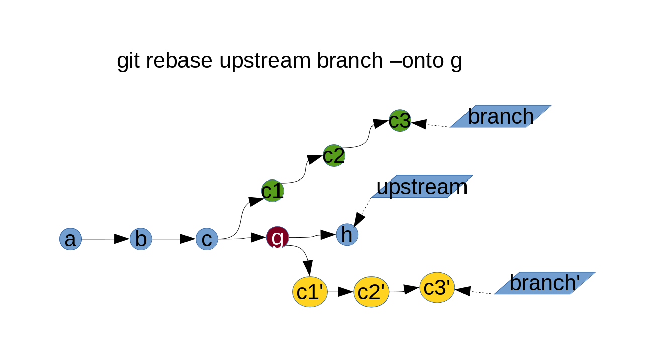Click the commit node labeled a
[x=70, y=239]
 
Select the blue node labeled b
[x=141, y=239]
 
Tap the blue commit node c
[x=207, y=239]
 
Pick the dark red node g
[x=277, y=237]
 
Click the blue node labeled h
[x=347, y=235]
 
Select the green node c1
[x=272, y=191]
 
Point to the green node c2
[x=334, y=156]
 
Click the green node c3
[x=400, y=121]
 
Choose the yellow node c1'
[x=310, y=292]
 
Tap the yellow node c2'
[x=371, y=292]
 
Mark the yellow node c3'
[x=437, y=288]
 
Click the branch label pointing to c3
[x=501, y=116]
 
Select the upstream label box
[x=422, y=187]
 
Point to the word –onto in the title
[x=414, y=61]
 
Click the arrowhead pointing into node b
[x=122, y=239]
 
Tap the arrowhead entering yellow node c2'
[x=346, y=292]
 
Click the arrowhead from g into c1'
[x=308, y=267]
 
